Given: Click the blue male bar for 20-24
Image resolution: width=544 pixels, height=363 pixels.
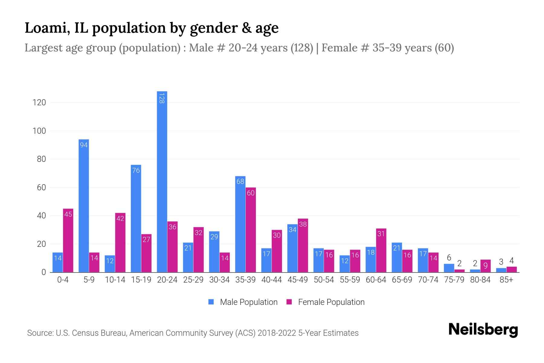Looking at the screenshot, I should (162, 181).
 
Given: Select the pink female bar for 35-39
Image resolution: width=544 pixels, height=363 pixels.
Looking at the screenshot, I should (251, 230).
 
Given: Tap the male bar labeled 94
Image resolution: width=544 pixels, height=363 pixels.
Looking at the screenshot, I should (84, 206).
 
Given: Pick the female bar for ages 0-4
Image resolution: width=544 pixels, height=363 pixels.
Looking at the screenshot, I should (68, 240).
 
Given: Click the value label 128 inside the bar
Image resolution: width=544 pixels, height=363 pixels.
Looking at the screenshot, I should (162, 98).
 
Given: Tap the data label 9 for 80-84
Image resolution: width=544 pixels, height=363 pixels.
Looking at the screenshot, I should (485, 266).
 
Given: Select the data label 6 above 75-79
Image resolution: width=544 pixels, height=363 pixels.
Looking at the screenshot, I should (449, 258).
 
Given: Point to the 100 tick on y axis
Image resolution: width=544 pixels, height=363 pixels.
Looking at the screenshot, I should (39, 131).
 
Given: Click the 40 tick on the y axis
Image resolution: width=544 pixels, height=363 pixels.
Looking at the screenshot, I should (41, 216).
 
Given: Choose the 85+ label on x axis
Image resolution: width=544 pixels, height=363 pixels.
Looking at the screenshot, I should (506, 280).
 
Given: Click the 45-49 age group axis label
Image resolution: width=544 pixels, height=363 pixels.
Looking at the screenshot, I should (297, 280).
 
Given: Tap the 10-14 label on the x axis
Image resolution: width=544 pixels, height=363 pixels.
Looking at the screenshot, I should (115, 280).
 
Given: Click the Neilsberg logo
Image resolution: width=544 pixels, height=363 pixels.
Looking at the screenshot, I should (483, 330).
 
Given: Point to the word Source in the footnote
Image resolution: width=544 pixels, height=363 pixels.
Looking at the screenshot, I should (39, 333).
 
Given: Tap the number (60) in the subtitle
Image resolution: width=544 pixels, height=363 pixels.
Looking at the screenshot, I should (444, 48).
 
